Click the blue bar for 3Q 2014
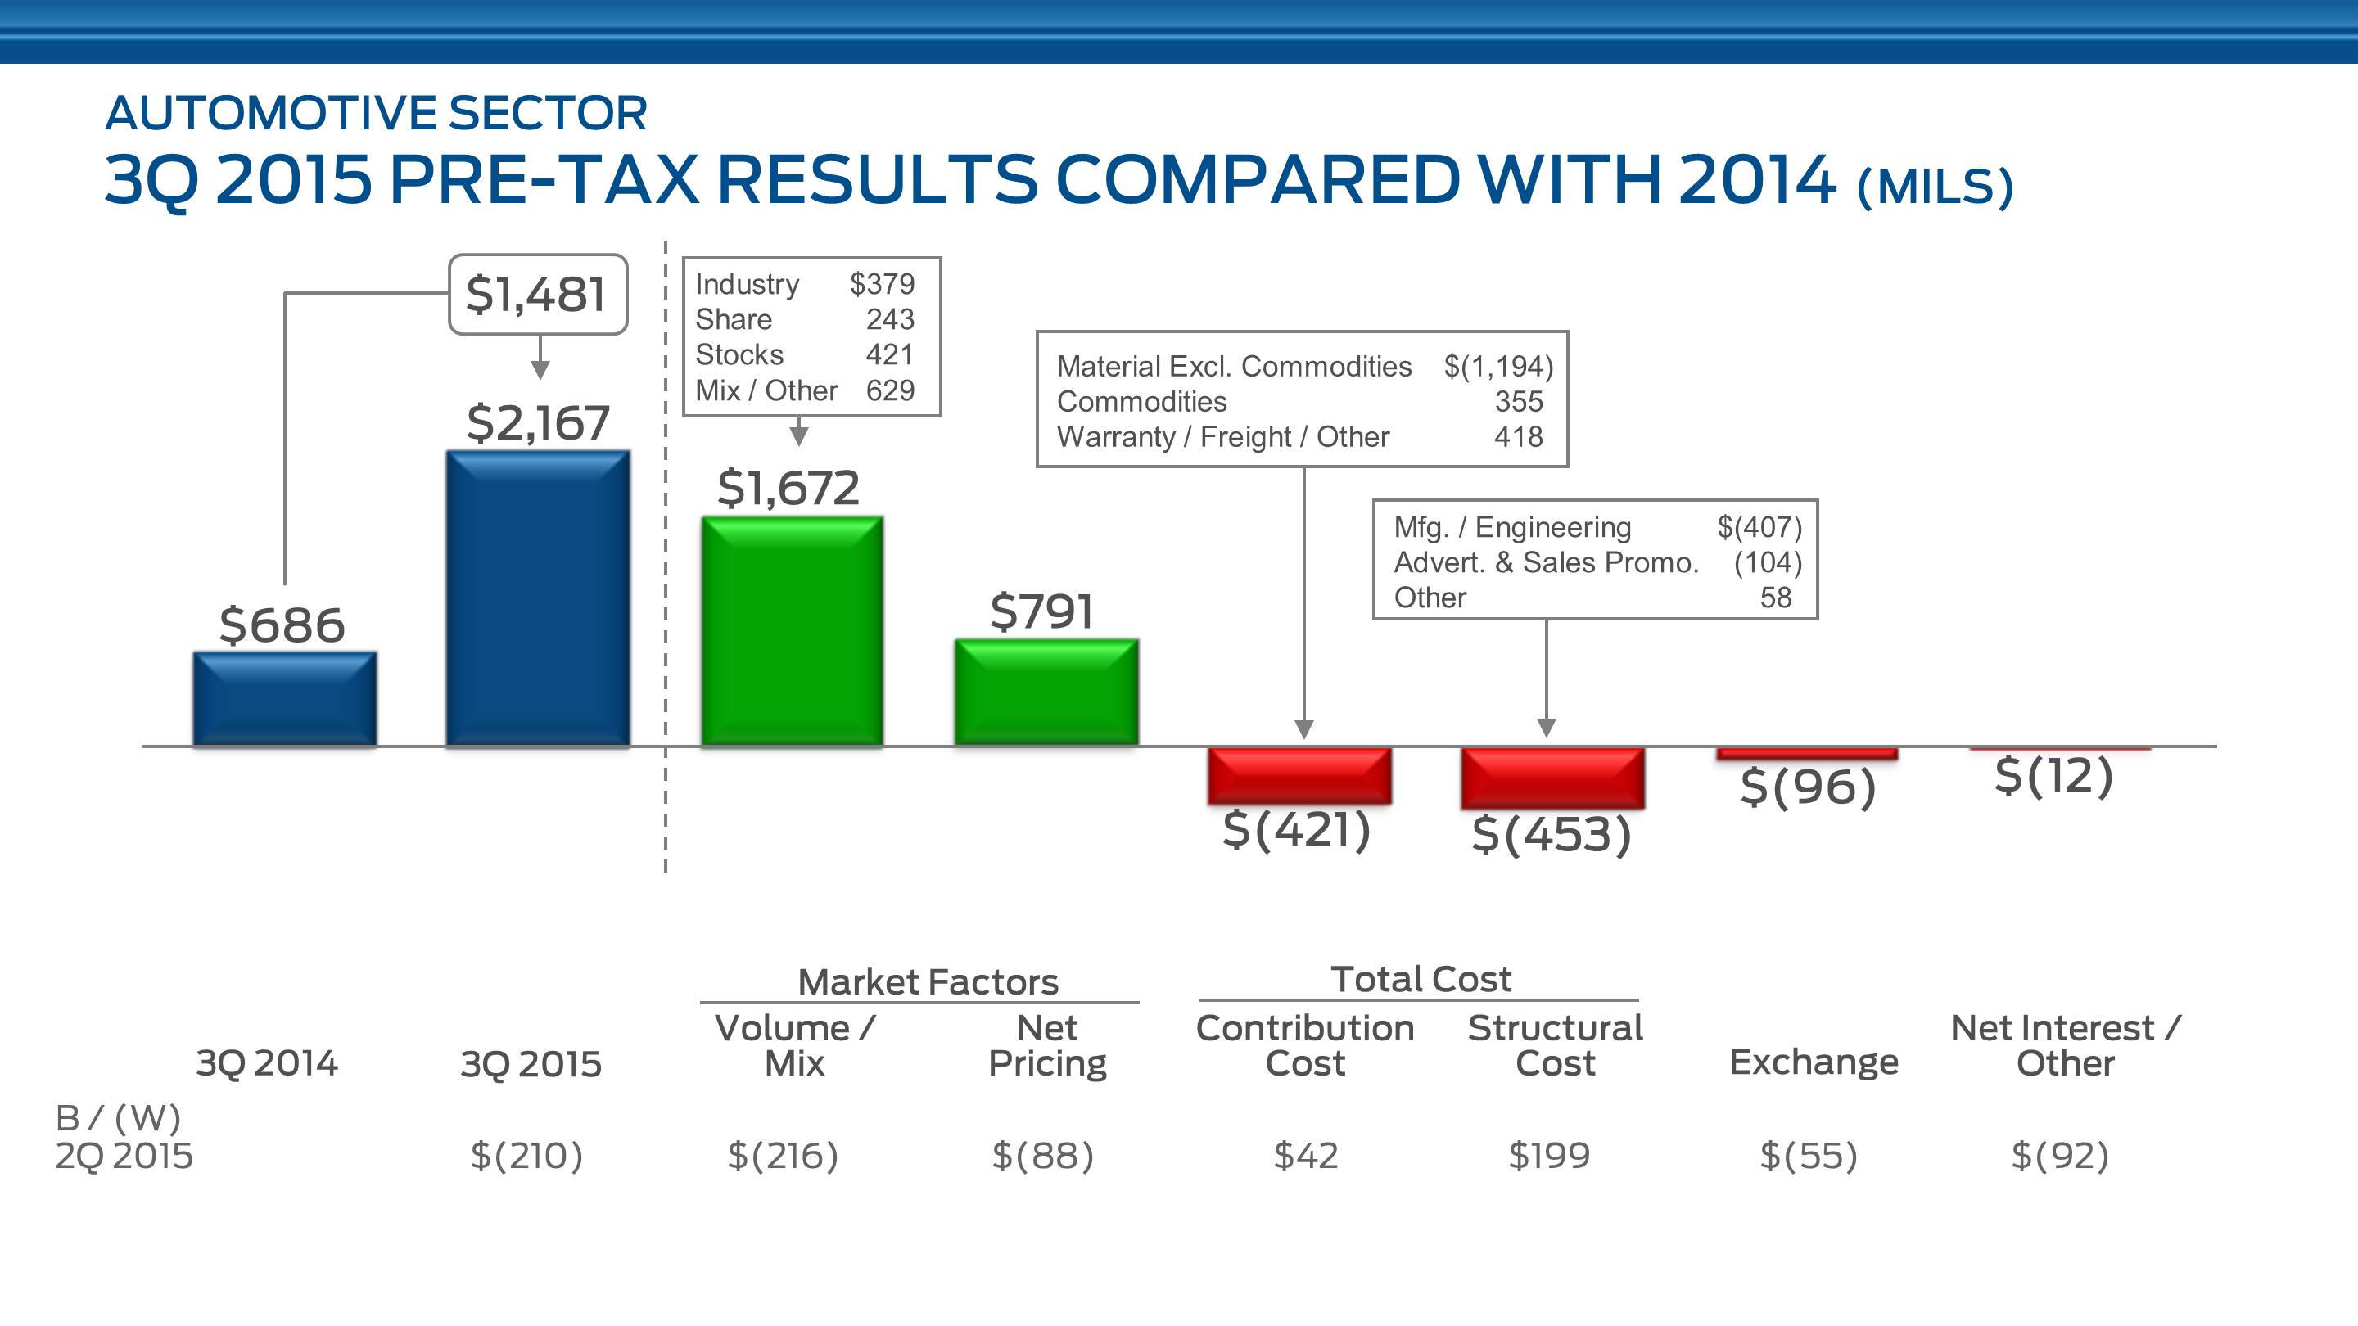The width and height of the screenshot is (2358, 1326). point(285,699)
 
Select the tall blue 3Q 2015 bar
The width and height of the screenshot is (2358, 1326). point(538,598)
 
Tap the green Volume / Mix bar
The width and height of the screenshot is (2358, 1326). point(792,631)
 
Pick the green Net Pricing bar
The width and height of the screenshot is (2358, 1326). point(1046,692)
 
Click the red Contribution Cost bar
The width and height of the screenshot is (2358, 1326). point(1300,775)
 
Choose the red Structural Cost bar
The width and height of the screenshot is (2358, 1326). point(1552,778)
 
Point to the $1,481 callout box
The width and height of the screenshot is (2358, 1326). point(537,295)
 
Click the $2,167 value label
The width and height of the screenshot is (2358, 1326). point(538,423)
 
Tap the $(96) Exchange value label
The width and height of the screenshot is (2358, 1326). point(1808,787)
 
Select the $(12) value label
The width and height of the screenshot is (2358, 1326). point(2054,776)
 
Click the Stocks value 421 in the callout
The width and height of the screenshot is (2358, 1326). point(890,354)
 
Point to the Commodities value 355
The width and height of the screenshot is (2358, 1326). point(1519,401)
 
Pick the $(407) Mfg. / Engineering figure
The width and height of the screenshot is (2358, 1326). point(1759,527)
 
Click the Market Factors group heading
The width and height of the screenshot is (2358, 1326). point(928,982)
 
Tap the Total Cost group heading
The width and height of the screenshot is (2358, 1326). point(1421,979)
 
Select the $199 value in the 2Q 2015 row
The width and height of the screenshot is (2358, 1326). point(1549,1156)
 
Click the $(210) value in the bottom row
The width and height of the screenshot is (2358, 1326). point(526,1156)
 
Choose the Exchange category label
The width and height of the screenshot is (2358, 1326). point(1814,1062)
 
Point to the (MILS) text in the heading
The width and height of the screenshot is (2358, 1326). point(1935,187)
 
